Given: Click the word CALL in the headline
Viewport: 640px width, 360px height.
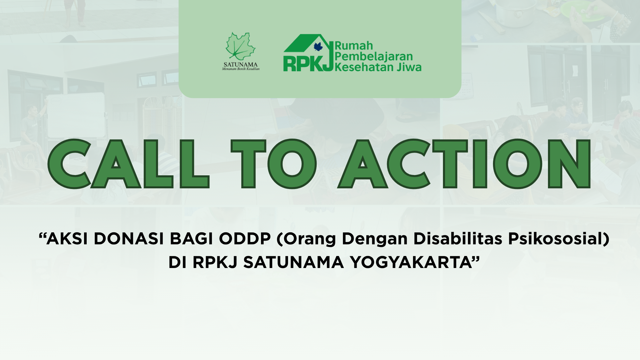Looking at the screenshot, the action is (128, 164).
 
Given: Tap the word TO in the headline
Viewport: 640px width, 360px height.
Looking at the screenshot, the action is (273, 164).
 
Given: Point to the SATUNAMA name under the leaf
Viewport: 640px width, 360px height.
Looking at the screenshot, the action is (241, 64).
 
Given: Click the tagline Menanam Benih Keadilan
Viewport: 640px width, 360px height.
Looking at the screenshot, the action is (241, 69).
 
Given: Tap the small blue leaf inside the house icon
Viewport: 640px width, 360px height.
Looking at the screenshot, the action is (318, 47).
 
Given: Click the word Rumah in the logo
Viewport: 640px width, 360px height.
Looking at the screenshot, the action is (354, 46).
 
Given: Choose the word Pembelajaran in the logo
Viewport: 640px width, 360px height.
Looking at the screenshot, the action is (374, 57).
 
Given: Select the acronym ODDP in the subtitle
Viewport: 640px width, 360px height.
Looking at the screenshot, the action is (245, 239).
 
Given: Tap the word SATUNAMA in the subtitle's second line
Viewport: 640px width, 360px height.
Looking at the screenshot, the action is (293, 263).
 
